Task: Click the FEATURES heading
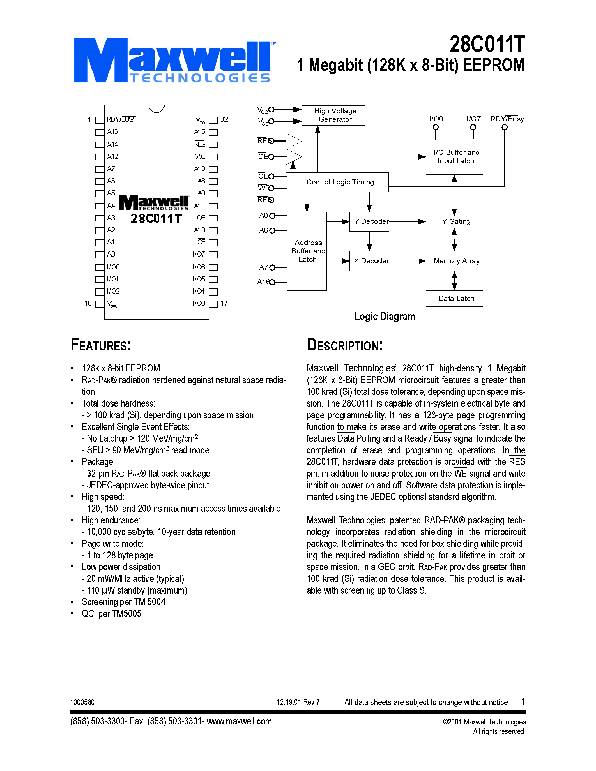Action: [x=101, y=345]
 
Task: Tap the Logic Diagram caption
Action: [x=385, y=316]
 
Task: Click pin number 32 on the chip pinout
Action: [x=224, y=120]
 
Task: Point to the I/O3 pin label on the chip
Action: [x=199, y=303]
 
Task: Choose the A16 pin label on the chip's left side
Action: [x=113, y=132]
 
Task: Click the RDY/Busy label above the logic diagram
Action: [x=507, y=119]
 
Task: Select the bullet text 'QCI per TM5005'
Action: [x=111, y=613]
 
